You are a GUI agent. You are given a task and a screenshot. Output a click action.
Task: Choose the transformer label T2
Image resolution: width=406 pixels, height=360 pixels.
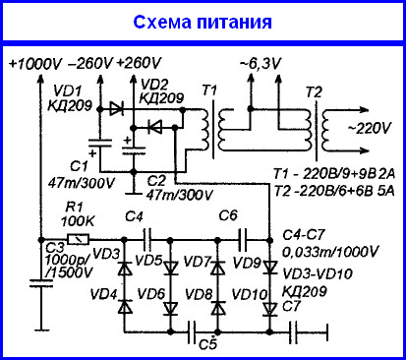pyautogui.click(x=314, y=90)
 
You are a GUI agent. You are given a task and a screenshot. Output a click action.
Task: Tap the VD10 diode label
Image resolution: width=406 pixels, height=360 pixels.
pyautogui.click(x=240, y=294)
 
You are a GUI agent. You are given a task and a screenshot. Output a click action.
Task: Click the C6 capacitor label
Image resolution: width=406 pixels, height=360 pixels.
pyautogui.click(x=227, y=215)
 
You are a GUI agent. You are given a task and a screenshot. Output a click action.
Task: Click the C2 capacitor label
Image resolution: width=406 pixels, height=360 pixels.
pyautogui.click(x=154, y=180)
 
